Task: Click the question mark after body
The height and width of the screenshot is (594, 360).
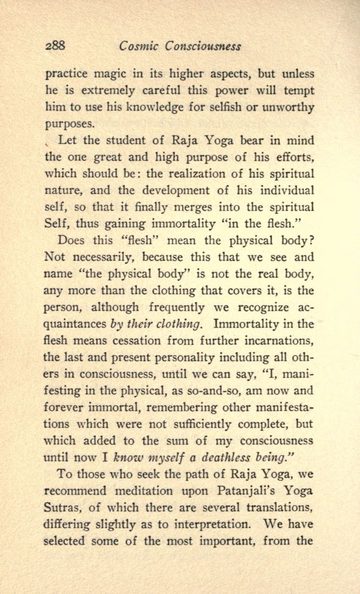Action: [x=311, y=241]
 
